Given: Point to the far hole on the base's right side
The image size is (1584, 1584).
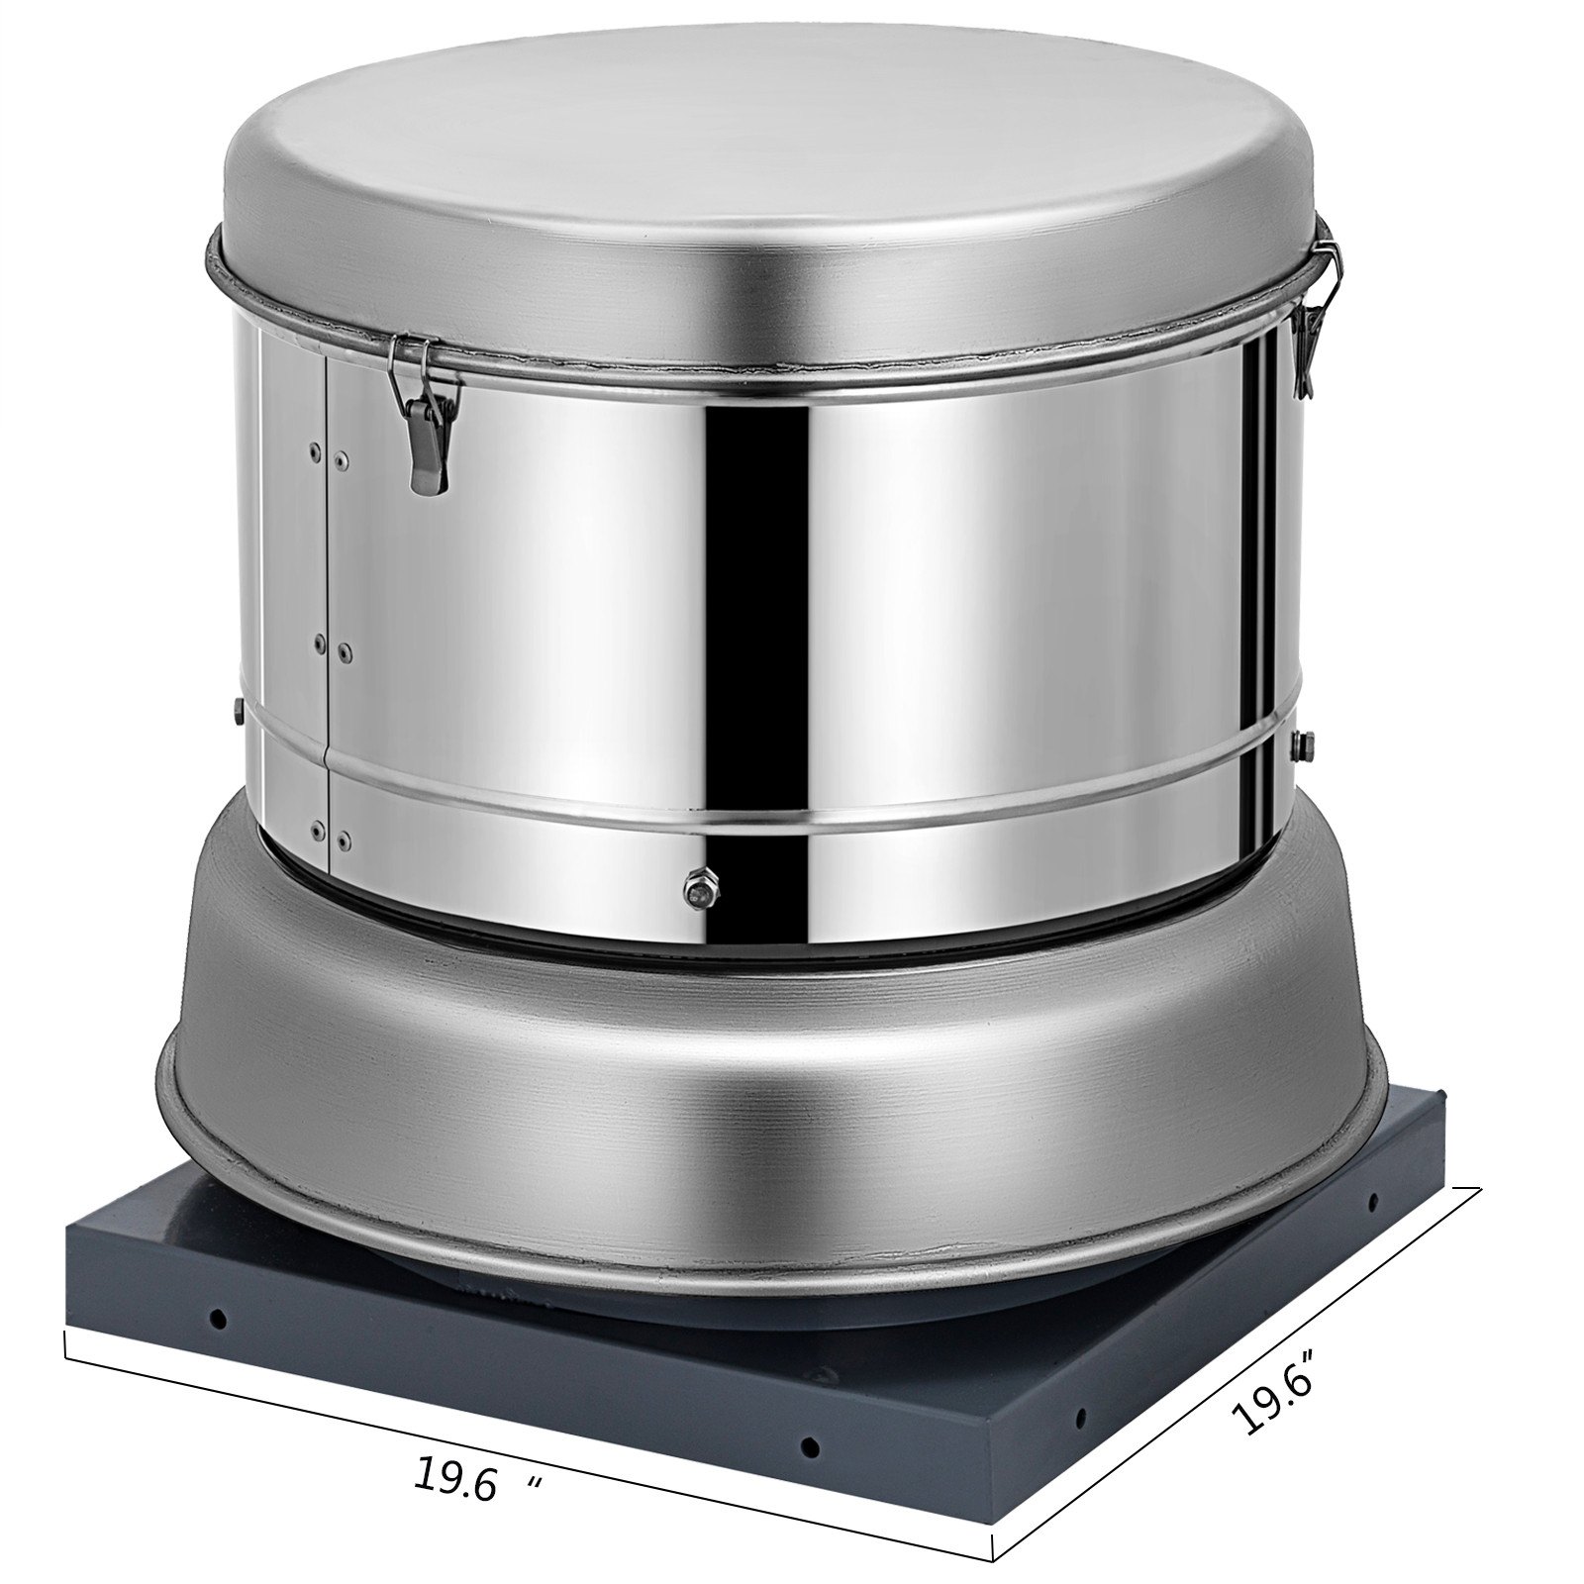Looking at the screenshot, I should click(1373, 1202).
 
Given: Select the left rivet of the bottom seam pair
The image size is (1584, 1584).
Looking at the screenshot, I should click(317, 825).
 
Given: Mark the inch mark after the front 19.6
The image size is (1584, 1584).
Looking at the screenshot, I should click(536, 1482).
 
